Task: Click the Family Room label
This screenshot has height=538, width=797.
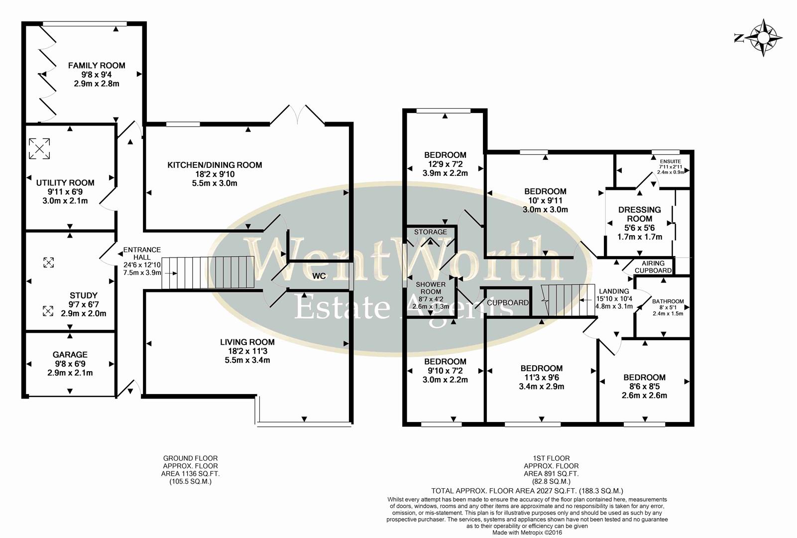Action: (97, 65)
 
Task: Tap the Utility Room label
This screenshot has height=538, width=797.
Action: (65, 183)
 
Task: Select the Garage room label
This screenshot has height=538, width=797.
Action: (70, 355)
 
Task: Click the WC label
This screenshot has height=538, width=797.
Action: (319, 276)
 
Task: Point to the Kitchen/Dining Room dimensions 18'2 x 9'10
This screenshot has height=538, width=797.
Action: (215, 174)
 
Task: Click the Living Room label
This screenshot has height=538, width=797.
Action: (247, 342)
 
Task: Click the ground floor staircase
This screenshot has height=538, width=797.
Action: (209, 272)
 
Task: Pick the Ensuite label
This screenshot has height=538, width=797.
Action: (671, 161)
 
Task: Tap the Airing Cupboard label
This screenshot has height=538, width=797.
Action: (653, 267)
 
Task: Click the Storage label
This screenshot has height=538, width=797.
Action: (431, 232)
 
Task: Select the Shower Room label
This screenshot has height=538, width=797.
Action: (431, 288)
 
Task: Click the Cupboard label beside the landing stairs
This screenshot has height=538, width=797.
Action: (508, 302)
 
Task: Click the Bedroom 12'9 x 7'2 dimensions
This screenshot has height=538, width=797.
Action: (446, 164)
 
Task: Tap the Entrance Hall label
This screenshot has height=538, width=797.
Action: (142, 253)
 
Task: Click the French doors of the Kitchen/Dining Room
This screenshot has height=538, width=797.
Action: (297, 115)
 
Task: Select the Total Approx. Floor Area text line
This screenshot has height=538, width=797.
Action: (527, 491)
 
